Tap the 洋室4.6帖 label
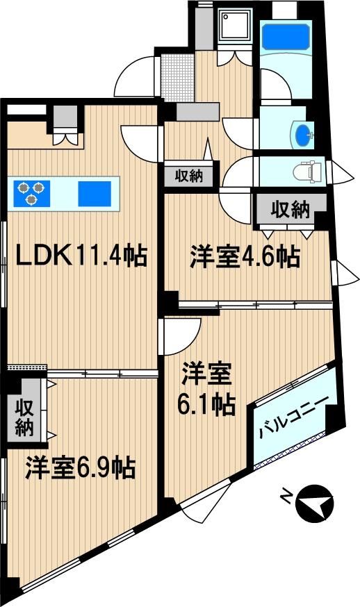[x=245, y=256]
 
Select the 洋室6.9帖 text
[x=80, y=467]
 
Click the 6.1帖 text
[x=206, y=404]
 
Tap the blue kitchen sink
[x=95, y=194]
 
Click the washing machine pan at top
[x=234, y=24]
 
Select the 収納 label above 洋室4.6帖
[x=291, y=210]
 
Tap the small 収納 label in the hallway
[x=189, y=176]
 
